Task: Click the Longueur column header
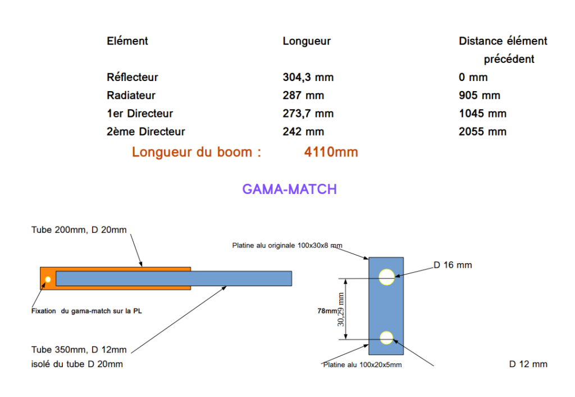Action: point(307,41)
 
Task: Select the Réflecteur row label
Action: point(133,77)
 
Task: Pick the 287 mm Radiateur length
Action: point(303,96)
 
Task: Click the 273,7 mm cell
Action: point(308,114)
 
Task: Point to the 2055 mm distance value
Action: point(482,132)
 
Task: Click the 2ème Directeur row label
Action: point(146,132)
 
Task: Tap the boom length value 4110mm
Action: point(331,152)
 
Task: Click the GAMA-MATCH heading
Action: point(289,189)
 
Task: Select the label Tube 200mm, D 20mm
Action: point(79,229)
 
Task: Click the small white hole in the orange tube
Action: point(48,279)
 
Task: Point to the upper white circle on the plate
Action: point(386,277)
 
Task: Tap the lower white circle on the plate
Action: point(386,337)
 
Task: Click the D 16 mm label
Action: point(453,265)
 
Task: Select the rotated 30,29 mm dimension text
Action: point(341,310)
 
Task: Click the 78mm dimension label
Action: point(327,310)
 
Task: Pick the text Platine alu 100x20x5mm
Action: point(362,365)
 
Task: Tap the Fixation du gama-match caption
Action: point(86,310)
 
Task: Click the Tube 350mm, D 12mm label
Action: point(79,350)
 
